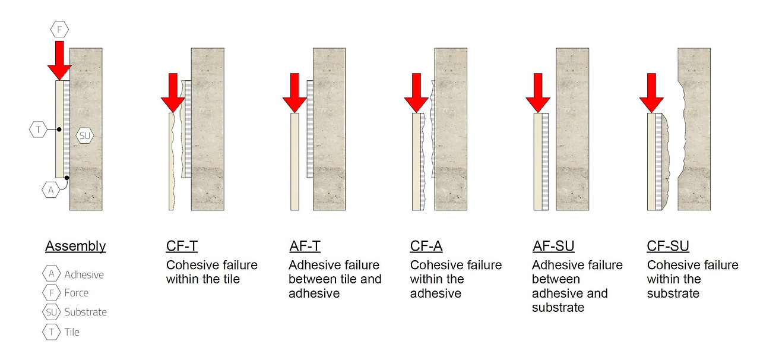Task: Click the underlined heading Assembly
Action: pos(75,246)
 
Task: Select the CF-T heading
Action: pos(182,246)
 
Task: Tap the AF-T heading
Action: pos(305,246)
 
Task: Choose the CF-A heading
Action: pos(426,246)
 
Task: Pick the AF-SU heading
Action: pos(553,246)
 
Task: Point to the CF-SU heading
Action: pos(668,246)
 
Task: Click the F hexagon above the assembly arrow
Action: pos(59,30)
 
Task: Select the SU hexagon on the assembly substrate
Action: pos(84,136)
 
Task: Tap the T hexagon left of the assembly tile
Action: pos(38,130)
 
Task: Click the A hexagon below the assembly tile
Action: pos(51,190)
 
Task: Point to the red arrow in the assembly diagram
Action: pos(59,61)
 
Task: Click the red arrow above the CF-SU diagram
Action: pos(651,93)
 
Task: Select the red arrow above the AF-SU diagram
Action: pos(538,93)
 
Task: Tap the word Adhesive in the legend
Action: pos(84,274)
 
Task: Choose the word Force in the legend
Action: pos(77,293)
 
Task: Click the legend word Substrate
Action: pos(85,312)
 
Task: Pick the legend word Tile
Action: pos(72,332)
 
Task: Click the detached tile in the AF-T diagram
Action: pos(295,162)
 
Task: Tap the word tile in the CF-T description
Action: pos(231,279)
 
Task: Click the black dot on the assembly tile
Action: pos(59,130)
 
